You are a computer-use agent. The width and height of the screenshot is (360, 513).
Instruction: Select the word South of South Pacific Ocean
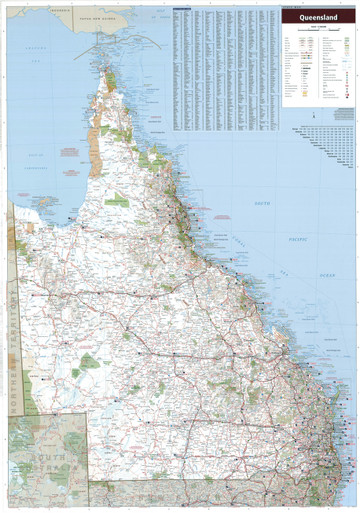(262, 203)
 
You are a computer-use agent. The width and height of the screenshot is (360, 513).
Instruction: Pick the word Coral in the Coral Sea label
(237, 237)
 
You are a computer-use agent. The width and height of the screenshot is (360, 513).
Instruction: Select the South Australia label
(46, 464)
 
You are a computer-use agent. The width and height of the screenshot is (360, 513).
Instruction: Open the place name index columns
(225, 70)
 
